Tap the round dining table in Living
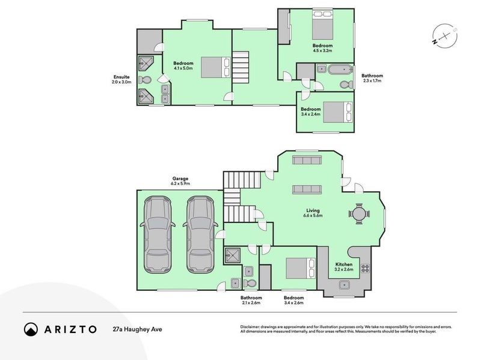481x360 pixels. tap(359, 213)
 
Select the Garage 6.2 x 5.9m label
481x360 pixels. tap(180, 182)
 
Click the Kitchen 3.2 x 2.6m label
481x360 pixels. tap(343, 267)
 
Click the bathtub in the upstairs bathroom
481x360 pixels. tap(341, 70)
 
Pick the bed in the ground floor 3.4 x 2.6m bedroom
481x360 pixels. tap(300, 268)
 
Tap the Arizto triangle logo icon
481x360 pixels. tap(31, 329)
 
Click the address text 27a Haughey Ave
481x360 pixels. tap(138, 329)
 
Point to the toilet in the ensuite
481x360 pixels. tap(144, 79)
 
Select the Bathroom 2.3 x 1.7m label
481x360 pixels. tap(372, 79)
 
